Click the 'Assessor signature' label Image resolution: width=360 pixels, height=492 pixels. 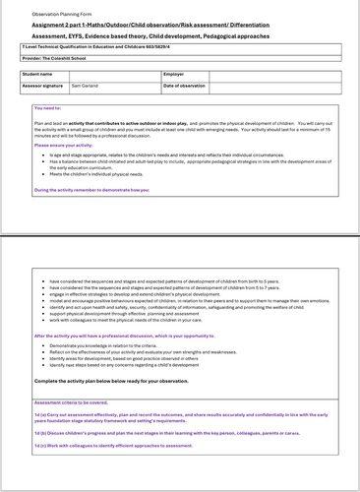tap(43, 86)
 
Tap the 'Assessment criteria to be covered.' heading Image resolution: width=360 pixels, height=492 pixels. tap(80, 402)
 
